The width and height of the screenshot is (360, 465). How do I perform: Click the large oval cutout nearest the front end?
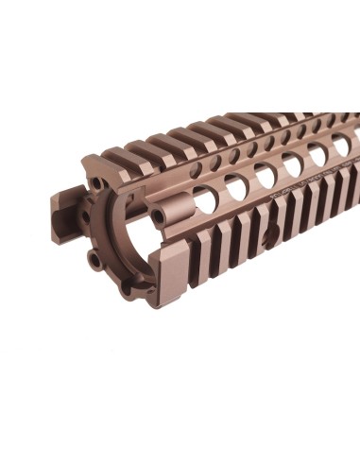[x=203, y=198]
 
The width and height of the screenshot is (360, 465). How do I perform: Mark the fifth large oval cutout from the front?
[x=317, y=153]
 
